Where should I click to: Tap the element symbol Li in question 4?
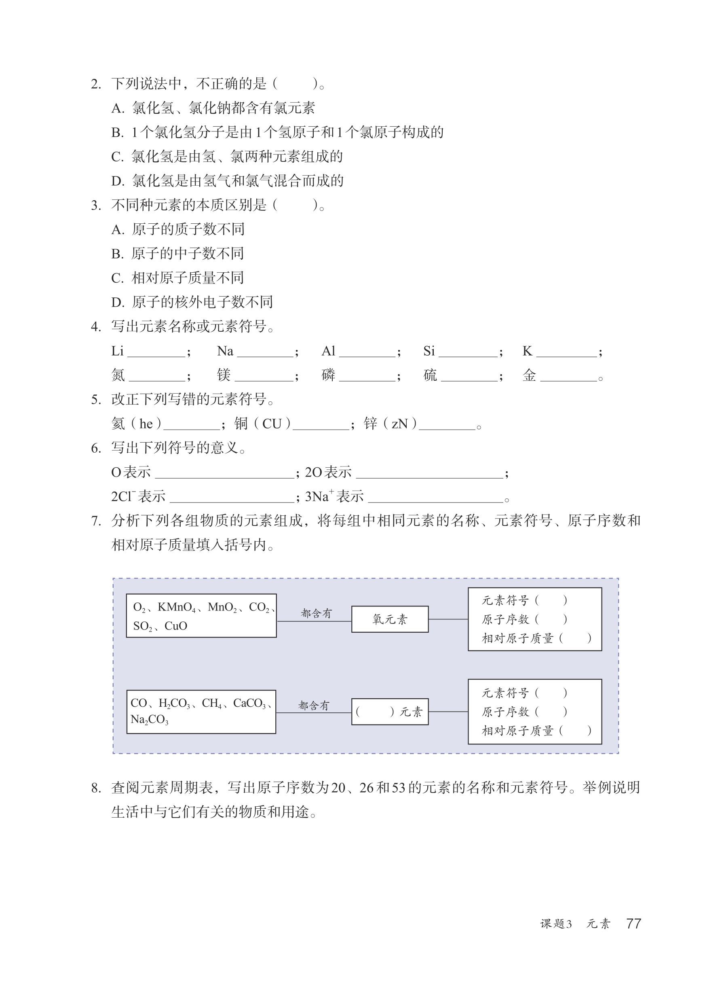pyautogui.click(x=117, y=351)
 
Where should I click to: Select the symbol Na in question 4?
pyautogui.click(x=225, y=351)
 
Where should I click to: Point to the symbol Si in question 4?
pyautogui.click(x=429, y=351)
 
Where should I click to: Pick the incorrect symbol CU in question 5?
pyautogui.click(x=272, y=424)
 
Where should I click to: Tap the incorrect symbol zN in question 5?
pyautogui.click(x=399, y=424)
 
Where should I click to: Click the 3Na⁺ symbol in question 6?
pyautogui.click(x=319, y=496)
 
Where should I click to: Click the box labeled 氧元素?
pyautogui.click(x=390, y=619)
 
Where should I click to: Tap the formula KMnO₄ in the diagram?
pyautogui.click(x=177, y=607)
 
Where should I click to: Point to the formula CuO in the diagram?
pyautogui.click(x=176, y=626)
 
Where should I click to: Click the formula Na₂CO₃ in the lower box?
pyautogui.click(x=149, y=720)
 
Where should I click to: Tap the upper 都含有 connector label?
pyautogui.click(x=316, y=613)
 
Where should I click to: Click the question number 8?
pyautogui.click(x=96, y=788)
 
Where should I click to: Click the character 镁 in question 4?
pyautogui.click(x=224, y=375)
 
